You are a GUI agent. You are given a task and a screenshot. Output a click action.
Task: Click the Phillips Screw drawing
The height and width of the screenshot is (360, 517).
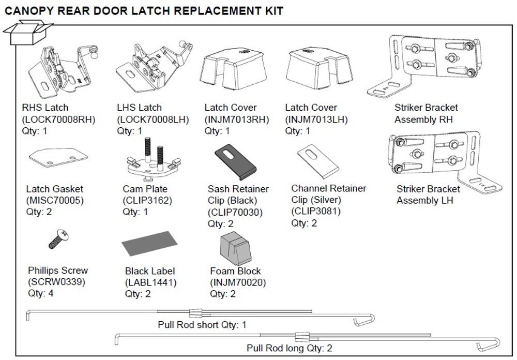tap(59, 240)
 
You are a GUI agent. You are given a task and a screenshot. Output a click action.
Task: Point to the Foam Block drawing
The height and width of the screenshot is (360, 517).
tap(235, 247)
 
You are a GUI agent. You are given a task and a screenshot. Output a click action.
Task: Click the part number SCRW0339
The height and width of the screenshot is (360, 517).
tap(56, 282)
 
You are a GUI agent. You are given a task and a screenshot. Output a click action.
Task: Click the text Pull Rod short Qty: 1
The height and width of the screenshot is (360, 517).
tap(202, 325)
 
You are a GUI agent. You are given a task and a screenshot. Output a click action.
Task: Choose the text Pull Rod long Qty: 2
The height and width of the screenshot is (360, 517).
tap(289, 348)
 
